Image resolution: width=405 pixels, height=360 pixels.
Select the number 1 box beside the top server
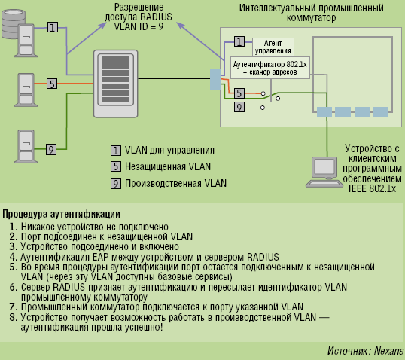point(52,27)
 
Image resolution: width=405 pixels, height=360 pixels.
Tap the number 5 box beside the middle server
point(52,84)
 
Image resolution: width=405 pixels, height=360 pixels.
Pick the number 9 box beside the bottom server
point(52,149)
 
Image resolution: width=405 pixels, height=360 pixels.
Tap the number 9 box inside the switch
point(239,108)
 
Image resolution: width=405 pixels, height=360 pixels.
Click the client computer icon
point(325,172)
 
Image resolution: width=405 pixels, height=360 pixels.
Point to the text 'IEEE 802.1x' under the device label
point(370,188)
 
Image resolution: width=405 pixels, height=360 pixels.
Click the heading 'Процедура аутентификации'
point(61,214)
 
